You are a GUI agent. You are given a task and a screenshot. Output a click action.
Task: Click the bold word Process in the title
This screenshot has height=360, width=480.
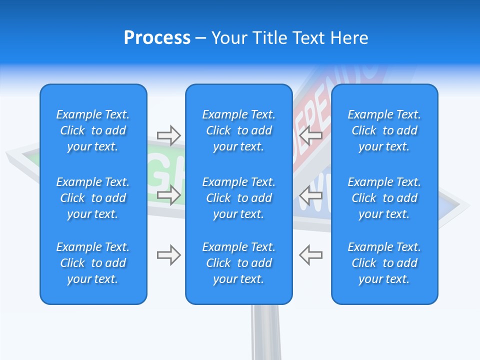coord(157,38)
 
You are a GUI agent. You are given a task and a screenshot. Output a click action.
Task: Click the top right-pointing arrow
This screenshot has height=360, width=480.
coord(168,135)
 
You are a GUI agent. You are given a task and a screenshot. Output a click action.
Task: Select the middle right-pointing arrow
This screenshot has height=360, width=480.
coord(168,195)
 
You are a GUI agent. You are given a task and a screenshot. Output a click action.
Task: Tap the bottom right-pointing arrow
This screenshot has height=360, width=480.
coord(168,255)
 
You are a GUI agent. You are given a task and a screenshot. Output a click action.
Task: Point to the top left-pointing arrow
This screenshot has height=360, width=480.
coord(311,135)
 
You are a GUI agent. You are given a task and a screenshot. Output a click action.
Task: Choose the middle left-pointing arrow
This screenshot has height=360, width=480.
coord(311,195)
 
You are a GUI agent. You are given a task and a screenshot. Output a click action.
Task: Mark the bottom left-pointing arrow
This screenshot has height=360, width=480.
coord(311,255)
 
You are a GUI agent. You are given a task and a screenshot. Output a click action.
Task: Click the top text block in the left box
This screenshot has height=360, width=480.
coord(93,130)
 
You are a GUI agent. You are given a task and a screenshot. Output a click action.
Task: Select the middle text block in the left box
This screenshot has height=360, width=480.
coord(93,198)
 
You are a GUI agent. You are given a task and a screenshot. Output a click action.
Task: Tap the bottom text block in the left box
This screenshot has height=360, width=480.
coord(93,263)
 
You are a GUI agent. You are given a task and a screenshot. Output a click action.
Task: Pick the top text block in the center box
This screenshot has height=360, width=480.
coord(238,130)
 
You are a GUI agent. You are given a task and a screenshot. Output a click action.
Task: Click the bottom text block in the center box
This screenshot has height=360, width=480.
coord(238,263)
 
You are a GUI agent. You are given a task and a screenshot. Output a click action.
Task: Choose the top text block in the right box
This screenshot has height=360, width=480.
coord(384,130)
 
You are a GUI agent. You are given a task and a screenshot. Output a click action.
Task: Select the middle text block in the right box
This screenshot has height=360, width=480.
coord(384,198)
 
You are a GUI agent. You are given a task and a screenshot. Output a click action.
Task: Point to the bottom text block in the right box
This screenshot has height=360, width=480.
coord(384,263)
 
